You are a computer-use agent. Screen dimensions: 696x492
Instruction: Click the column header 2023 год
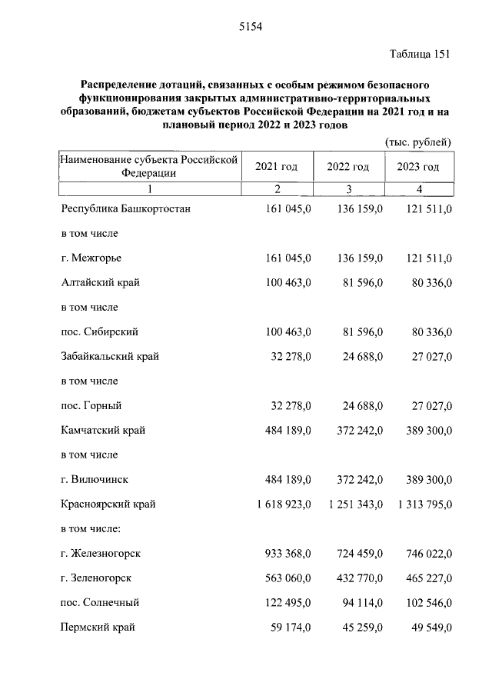(418, 167)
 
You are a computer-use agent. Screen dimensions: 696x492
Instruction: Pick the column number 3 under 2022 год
(348, 189)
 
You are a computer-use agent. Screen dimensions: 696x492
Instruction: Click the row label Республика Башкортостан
(125, 208)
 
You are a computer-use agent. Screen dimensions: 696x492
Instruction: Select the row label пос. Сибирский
(100, 331)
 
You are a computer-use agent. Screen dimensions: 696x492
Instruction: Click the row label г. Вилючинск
(95, 479)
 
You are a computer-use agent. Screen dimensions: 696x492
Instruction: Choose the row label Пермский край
(98, 628)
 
